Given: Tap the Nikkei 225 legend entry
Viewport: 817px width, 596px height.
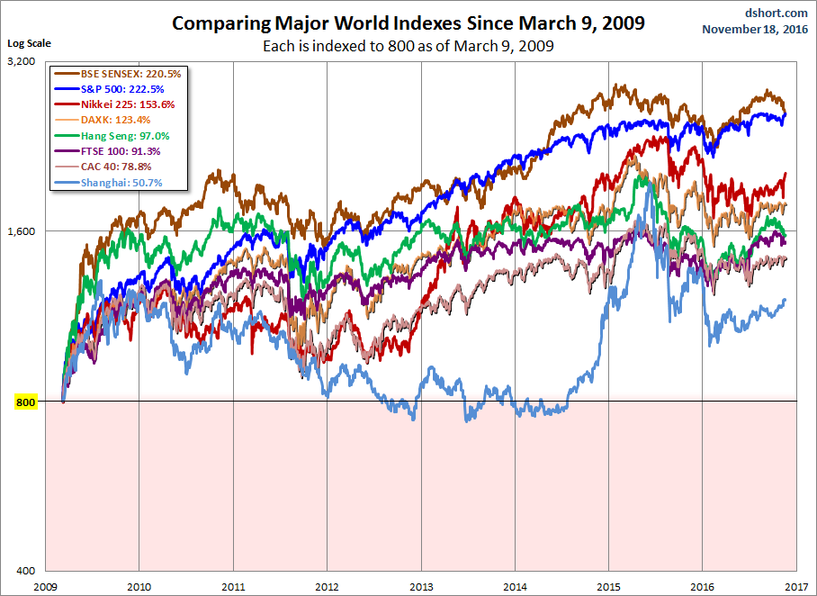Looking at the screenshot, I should tap(115, 104).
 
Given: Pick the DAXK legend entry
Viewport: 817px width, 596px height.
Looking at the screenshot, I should tap(108, 120).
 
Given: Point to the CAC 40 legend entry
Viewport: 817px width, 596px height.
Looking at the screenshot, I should tap(108, 167).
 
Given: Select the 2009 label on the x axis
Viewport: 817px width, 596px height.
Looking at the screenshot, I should tap(45, 585).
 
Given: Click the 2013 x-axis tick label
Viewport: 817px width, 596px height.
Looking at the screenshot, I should tap(421, 585).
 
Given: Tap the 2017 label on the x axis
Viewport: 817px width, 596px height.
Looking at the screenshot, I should tap(796, 585).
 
